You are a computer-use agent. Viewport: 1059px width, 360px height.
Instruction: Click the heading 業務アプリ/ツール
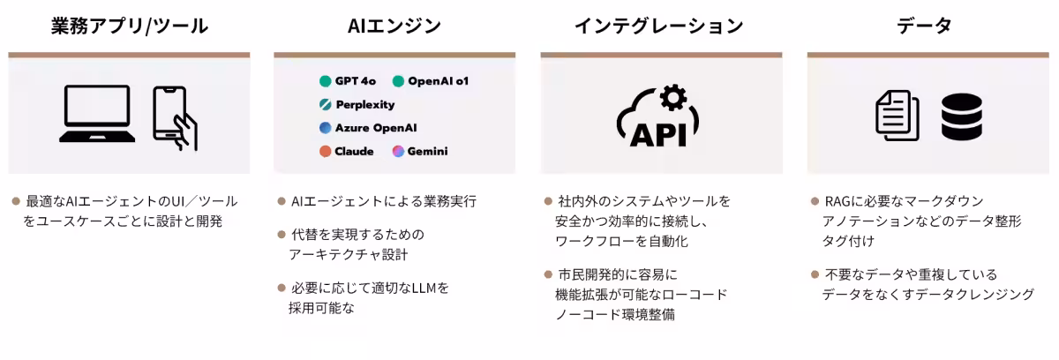coord(130,26)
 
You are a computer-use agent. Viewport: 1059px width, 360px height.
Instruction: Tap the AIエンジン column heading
coord(394,26)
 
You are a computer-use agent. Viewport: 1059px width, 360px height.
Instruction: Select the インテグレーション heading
coord(658,26)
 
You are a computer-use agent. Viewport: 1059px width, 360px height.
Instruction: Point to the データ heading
coord(924,26)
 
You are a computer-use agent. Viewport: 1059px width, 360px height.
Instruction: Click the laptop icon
coord(97,114)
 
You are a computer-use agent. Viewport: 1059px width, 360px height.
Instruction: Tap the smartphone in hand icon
coord(175,118)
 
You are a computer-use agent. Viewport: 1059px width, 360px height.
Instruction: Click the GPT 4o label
coord(356,81)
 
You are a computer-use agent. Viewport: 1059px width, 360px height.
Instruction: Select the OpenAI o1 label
coord(438,81)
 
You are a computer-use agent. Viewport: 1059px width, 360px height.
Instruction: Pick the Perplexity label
coord(365,104)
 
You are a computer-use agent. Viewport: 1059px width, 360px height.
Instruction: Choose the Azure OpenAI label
coord(376,128)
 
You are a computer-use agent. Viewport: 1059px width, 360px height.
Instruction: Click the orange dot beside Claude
coord(326,151)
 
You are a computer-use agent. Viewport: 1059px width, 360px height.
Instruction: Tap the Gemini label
coord(427,151)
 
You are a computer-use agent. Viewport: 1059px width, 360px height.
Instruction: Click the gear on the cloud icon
coord(673,98)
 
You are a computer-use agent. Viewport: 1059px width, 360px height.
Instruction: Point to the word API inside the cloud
coord(658,135)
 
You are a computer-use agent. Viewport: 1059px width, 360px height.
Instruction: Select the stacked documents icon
coord(898,116)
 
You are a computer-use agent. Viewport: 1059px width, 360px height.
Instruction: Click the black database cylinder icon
coord(962,116)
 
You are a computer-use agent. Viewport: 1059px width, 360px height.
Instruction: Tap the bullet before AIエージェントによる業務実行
coord(282,201)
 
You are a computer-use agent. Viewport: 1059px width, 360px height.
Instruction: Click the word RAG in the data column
coord(837,201)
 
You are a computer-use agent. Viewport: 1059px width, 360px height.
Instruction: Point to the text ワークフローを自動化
coord(621,242)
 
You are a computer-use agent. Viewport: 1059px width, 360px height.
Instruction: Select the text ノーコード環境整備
coord(614,314)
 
